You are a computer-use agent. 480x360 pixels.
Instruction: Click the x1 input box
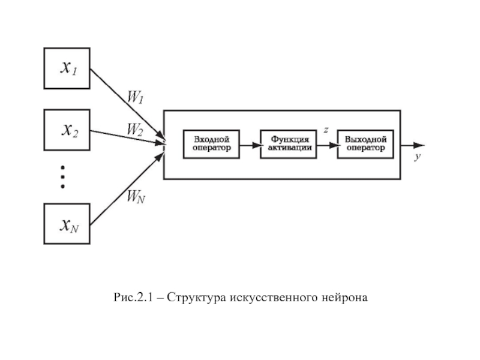pos(67,68)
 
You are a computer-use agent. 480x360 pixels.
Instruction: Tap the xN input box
pos(67,224)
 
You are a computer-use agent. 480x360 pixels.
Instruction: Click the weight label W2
pos(134,128)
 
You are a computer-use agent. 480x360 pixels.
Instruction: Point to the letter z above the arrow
pos(325,129)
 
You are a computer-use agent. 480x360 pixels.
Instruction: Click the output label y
pos(416,157)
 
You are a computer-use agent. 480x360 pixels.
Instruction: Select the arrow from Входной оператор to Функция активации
pos(250,145)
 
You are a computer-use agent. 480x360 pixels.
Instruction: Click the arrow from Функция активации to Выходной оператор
pos(326,145)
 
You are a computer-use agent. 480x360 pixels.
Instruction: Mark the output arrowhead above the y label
pos(419,145)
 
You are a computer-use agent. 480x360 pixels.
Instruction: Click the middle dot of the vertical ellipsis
pos(62,178)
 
